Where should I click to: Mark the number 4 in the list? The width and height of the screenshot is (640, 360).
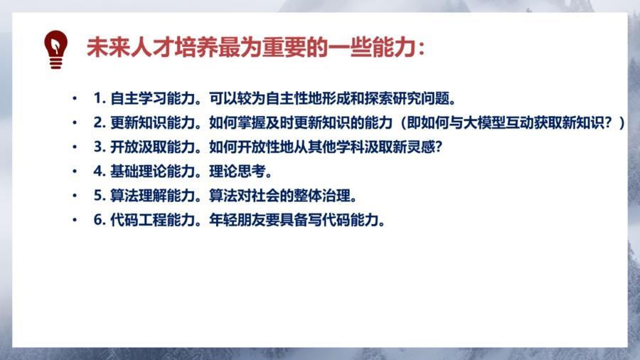97,171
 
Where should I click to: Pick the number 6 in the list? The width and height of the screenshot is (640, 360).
97,220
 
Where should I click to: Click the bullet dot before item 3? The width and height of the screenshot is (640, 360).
75,147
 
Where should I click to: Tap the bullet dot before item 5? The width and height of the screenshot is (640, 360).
75,196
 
